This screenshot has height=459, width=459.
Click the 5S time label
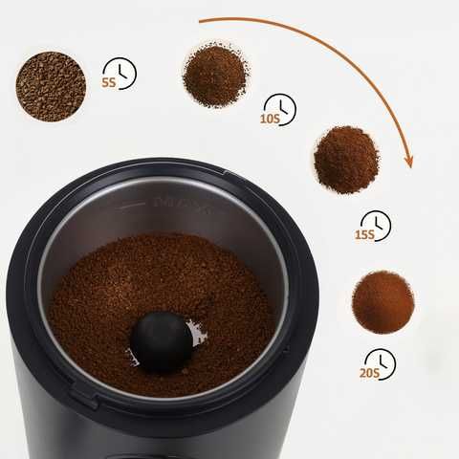coord(109,82)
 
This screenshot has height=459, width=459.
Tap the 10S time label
coord(271,119)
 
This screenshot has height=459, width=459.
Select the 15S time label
coord(364,235)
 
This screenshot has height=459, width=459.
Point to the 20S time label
coord(369,373)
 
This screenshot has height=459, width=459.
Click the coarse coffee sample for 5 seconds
coord(51,86)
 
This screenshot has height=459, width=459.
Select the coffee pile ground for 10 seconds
coord(216,76)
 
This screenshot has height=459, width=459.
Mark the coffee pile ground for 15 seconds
coord(346,160)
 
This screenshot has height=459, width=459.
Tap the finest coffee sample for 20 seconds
coord(383,302)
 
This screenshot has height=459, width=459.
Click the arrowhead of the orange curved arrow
coord(408,162)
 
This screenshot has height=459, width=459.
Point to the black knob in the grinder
coord(162,342)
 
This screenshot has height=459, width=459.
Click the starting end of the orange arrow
coord(200,21)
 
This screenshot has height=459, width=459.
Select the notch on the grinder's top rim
coord(224,174)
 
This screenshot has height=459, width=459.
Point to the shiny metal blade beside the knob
coord(198,333)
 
